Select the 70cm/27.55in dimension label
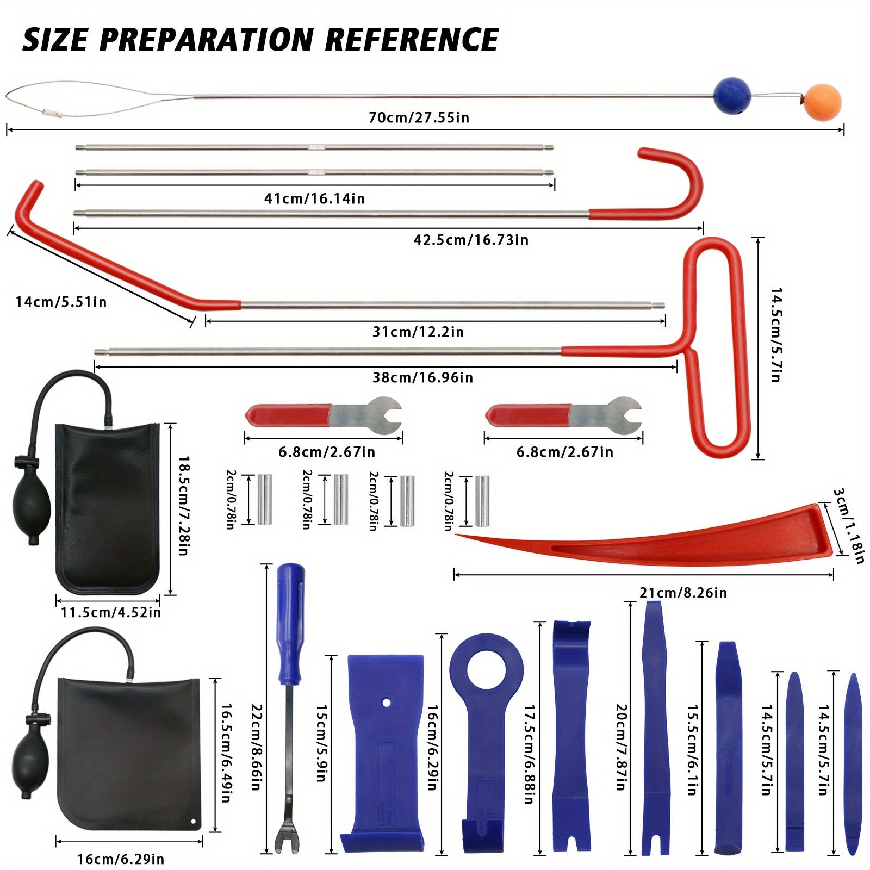419,117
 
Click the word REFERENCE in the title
412,40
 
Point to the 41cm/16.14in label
314,198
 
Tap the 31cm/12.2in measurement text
418,332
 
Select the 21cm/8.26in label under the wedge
683,592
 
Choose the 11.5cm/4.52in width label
111,612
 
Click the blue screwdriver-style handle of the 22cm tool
290,598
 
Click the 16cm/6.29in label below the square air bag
121,859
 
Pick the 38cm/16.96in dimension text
422,377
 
